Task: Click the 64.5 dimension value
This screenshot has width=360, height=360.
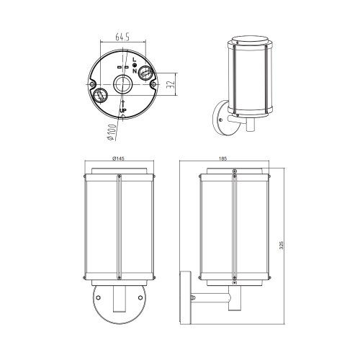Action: (x=122, y=37)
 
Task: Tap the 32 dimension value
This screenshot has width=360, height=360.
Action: (x=170, y=84)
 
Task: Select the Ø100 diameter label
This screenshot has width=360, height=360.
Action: (x=112, y=132)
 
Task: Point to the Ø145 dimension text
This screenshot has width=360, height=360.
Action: (x=118, y=158)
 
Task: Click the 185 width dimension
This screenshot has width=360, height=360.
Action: (x=222, y=158)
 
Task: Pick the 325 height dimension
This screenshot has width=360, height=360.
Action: (x=282, y=245)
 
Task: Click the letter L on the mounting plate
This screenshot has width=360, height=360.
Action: (x=134, y=59)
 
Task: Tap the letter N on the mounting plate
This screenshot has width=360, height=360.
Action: (x=135, y=71)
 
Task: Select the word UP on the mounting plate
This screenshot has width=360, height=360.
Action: (x=123, y=110)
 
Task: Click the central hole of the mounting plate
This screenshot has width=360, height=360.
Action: (x=122, y=84)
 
